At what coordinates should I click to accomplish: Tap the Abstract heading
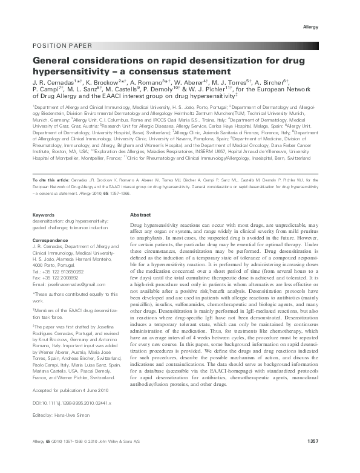point(140,215)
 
